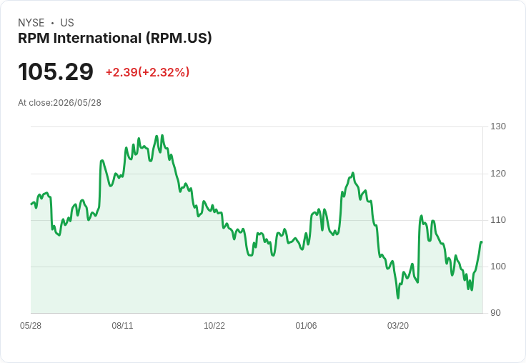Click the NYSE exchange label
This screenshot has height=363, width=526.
pos(31,23)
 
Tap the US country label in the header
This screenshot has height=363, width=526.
pos(67,23)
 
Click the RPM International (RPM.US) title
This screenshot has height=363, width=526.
pos(115,39)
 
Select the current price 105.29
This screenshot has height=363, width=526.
pos(56,71)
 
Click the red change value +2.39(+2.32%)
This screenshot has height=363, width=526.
pos(148,72)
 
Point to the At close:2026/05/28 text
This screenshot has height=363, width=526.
pos(60,103)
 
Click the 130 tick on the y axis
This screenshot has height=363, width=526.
pos(498,126)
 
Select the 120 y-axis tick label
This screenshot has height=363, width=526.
pos(498,174)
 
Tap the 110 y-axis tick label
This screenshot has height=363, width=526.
pos(498,220)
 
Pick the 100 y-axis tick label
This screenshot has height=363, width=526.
pos(498,267)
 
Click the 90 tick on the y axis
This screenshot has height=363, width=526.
pos(495,313)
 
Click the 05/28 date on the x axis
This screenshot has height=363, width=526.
pos(31,326)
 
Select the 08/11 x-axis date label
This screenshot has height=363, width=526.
pos(122,326)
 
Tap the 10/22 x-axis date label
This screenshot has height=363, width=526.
pos(214,326)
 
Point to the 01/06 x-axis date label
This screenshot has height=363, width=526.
pos(306,326)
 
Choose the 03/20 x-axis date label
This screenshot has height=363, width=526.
pos(398,326)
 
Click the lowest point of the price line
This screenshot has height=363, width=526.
pos(398,298)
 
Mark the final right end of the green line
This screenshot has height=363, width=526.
pos(482,242)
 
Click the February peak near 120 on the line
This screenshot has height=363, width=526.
pos(353,173)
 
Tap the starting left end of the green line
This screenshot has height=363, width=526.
pos(31,204)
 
